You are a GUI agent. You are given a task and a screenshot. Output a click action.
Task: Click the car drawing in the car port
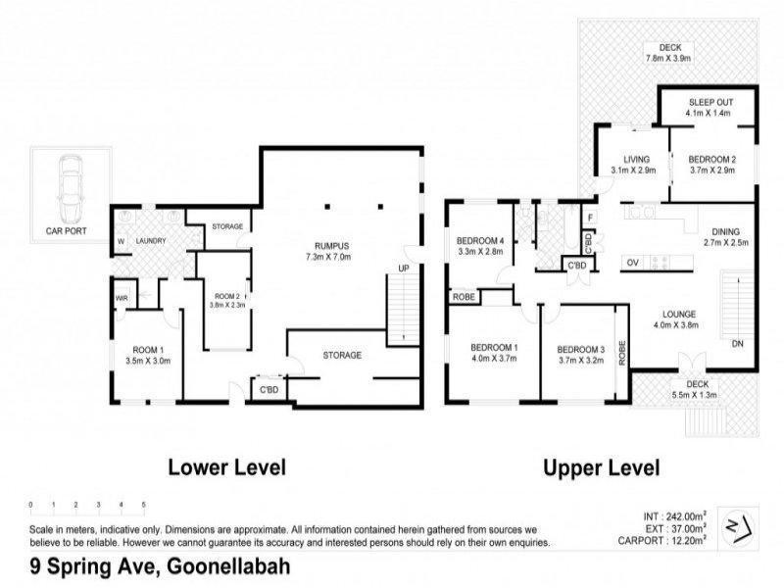point(69,189)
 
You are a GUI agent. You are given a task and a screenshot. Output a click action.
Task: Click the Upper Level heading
point(601,467)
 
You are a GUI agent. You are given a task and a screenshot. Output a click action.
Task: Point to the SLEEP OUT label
point(710,102)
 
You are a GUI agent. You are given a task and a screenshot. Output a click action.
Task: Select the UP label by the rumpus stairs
point(403,268)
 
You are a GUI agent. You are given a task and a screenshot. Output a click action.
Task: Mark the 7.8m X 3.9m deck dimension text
point(669,59)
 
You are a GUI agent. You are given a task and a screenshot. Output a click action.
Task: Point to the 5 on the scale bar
point(143,505)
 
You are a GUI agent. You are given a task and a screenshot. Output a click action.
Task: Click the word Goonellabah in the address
point(228,565)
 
